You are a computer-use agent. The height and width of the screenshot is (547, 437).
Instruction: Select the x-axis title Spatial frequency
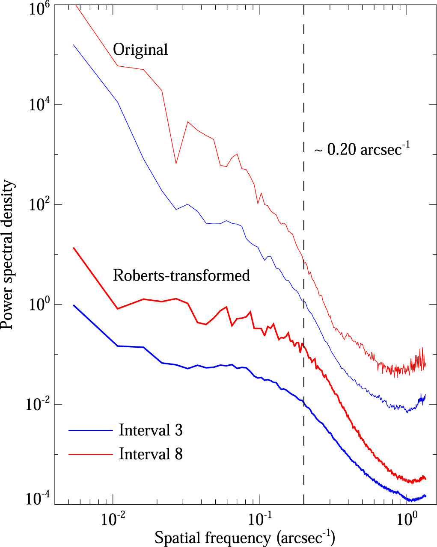pos(244,537)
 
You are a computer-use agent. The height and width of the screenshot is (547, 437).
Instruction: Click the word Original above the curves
pos(140,50)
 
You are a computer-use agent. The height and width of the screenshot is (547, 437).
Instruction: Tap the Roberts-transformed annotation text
pos(181,275)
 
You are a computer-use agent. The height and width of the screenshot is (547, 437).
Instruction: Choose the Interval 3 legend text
pos(151,430)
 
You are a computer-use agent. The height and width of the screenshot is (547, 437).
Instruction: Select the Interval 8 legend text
pos(151,453)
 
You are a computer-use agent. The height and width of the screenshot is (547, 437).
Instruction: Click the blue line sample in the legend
pos(91,430)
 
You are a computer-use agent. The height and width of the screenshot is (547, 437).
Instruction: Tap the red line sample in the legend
pos(91,454)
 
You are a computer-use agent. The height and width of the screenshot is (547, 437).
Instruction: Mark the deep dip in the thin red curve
pos(176,163)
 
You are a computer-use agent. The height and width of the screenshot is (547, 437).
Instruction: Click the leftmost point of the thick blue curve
pos(74,305)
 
